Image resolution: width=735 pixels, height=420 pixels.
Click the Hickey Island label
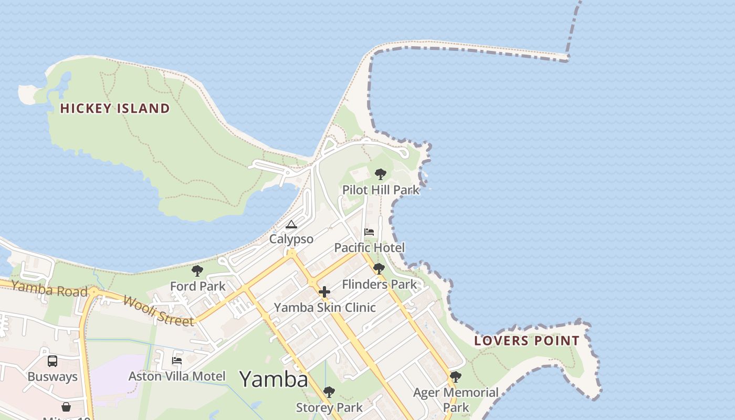click(x=115, y=109)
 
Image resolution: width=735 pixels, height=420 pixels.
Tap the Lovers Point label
click(x=527, y=341)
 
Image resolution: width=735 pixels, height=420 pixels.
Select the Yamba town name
click(x=273, y=379)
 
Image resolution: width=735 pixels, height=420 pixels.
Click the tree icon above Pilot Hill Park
click(x=381, y=174)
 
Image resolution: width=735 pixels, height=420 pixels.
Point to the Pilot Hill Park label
click(x=381, y=190)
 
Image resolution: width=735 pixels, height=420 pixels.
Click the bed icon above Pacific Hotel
click(x=369, y=232)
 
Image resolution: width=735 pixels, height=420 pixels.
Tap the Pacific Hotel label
click(x=370, y=248)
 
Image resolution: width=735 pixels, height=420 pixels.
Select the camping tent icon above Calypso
click(x=291, y=225)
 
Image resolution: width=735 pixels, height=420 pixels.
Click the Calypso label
click(x=291, y=239)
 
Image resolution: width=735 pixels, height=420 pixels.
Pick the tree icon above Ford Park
click(x=197, y=271)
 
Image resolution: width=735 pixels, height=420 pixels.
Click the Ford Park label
click(x=197, y=286)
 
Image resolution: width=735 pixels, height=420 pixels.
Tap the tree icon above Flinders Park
click(x=379, y=269)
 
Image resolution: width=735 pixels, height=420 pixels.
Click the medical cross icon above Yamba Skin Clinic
click(x=324, y=292)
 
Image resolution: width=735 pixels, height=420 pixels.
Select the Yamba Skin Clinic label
click(x=324, y=308)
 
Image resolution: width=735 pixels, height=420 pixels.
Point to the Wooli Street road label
click(x=159, y=310)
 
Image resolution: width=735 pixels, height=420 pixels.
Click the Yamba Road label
click(x=49, y=289)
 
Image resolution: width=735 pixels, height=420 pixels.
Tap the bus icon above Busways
click(x=52, y=361)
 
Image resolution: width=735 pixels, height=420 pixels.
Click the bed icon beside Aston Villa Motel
click(x=177, y=361)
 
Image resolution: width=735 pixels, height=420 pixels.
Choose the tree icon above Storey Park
click(x=329, y=392)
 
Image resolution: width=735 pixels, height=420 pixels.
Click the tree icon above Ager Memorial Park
click(x=455, y=376)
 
